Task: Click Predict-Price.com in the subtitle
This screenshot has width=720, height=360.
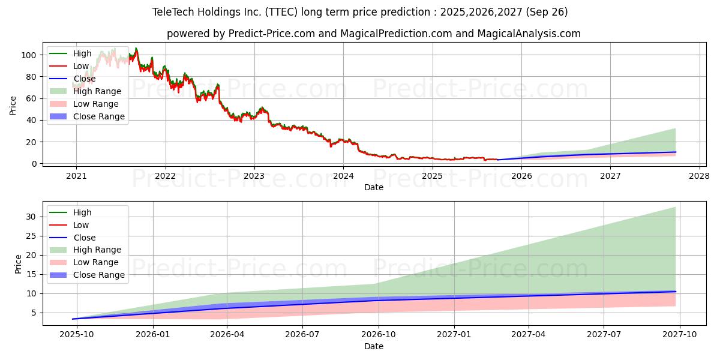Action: [x=271, y=34]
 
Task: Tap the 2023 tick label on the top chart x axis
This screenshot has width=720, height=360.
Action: [x=254, y=176]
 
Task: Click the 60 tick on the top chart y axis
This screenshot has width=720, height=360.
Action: [x=33, y=98]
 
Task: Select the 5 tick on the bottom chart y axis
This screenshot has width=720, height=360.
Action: [x=35, y=313]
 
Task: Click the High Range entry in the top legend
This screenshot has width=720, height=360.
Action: [x=97, y=91]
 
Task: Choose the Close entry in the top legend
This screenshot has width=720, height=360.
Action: [x=84, y=79]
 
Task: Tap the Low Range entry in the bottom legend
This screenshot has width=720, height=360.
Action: [x=96, y=262]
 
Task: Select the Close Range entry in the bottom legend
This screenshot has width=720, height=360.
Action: [x=99, y=275]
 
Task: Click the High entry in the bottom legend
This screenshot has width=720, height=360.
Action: [x=82, y=212]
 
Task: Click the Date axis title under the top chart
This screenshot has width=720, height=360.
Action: [x=374, y=187]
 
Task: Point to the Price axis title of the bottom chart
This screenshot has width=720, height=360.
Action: [x=18, y=263]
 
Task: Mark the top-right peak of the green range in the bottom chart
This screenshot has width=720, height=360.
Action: [x=675, y=207]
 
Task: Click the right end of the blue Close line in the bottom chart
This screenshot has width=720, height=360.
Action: [x=675, y=292]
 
